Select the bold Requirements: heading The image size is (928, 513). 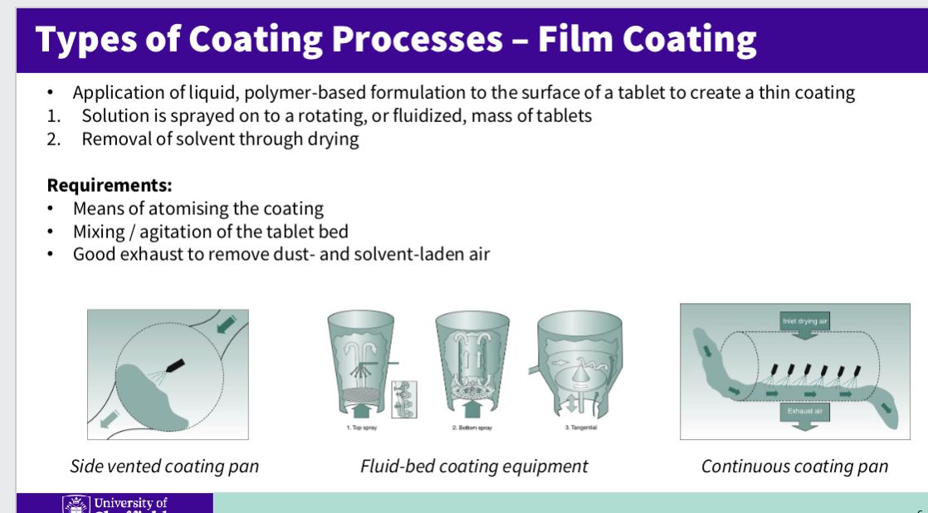[x=110, y=184]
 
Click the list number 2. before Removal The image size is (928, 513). [x=54, y=139]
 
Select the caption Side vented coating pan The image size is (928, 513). [x=164, y=467]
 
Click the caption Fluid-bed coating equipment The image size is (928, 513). [x=474, y=467]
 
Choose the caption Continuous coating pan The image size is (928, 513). [x=794, y=467]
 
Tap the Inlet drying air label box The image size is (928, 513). [x=805, y=320]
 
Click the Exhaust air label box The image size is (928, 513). [x=805, y=410]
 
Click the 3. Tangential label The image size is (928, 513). [x=580, y=427]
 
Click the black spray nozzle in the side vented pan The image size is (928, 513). [x=174, y=365]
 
